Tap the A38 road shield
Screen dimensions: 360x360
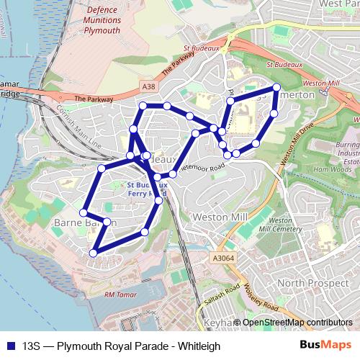click(148, 87)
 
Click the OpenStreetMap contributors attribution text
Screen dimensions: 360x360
click(297, 323)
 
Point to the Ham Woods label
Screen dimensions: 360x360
click(332, 170)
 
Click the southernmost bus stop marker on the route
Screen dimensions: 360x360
click(93, 253)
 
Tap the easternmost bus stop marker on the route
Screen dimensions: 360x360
click(276, 88)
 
